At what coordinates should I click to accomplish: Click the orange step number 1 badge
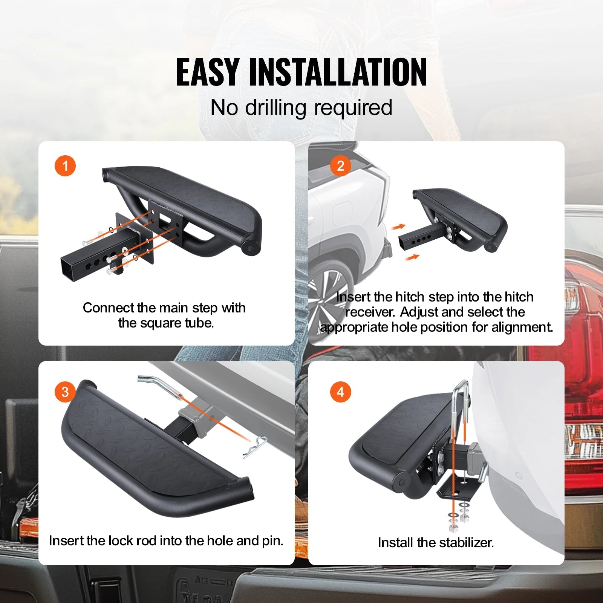65,166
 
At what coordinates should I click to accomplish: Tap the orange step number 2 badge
341,166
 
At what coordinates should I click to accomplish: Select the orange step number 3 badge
65,392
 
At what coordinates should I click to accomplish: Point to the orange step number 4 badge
341,392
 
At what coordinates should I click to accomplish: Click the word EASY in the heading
207,72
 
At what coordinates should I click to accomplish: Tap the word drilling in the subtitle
276,107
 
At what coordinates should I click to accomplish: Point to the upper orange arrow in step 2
398,227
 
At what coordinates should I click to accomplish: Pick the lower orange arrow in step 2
413,257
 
